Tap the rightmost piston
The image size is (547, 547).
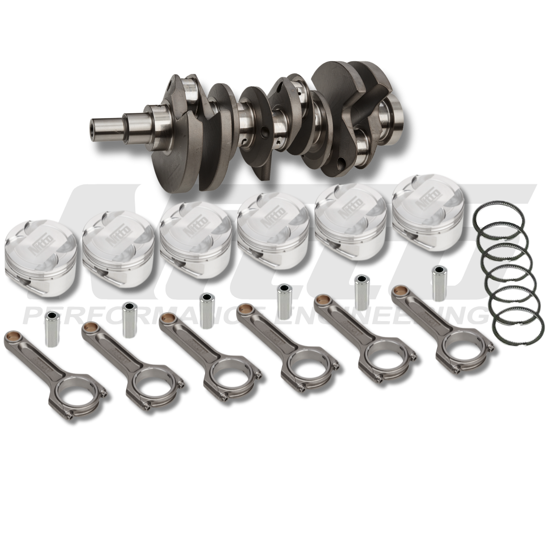coord(428,208)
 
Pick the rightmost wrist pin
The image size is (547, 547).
coord(438,283)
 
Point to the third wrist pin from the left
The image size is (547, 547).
coord(206,310)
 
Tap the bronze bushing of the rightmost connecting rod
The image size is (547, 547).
coord(399,291)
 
